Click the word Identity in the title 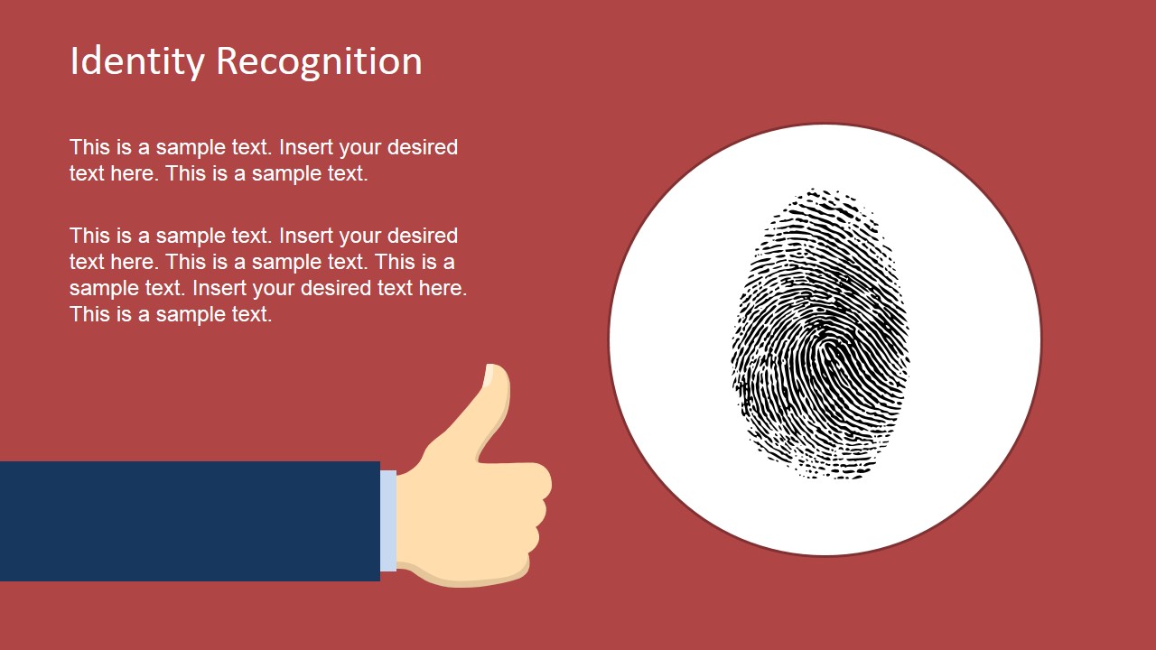[137, 61]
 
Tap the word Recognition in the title [319, 61]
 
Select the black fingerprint [821, 334]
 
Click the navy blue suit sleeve [190, 521]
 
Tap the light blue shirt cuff [388, 521]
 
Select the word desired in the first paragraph [423, 147]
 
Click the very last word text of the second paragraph [253, 314]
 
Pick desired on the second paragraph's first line [423, 236]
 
